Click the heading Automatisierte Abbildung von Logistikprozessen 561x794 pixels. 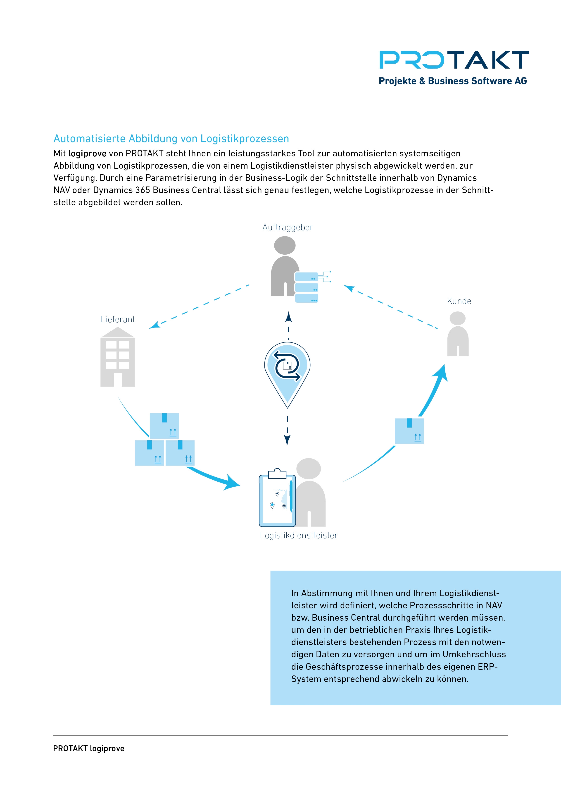pos(171,139)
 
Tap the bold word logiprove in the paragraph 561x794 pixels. pos(87,153)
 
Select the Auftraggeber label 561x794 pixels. pos(287,227)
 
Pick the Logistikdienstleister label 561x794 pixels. pos(299,535)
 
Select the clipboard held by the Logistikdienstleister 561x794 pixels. pos(277,498)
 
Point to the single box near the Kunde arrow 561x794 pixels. pos(409,431)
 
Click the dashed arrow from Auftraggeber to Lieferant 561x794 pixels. pos(199,306)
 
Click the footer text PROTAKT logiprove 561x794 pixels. pos(88,748)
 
